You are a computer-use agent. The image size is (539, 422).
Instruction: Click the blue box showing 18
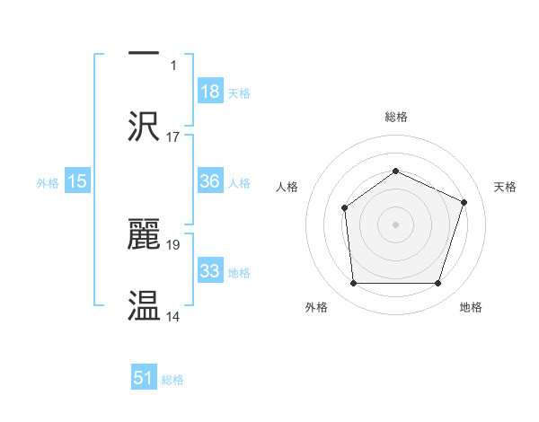coord(210,91)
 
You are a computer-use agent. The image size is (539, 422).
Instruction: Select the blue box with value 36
coord(210,181)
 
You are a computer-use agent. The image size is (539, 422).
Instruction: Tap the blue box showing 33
coord(210,271)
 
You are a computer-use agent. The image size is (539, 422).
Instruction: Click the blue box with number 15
coord(77,181)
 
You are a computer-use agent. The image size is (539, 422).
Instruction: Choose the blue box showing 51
coord(144,378)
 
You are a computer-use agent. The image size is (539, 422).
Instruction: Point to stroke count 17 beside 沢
coord(173,137)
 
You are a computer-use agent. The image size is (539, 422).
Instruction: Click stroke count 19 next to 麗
coord(173,244)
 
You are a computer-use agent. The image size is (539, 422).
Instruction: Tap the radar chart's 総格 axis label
coord(395,117)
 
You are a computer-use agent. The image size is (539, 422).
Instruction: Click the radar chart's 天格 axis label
coord(505,187)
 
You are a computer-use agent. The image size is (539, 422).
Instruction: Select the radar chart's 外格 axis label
coord(316,308)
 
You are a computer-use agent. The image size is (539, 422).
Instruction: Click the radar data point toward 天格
coord(464,202)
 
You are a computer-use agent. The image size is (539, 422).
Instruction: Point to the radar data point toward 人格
coord(344,208)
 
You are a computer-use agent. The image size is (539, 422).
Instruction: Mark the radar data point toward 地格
coord(437,283)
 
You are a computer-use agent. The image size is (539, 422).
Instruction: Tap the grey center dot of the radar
coord(395,224)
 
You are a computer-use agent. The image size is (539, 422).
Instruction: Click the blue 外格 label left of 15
coord(48,182)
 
